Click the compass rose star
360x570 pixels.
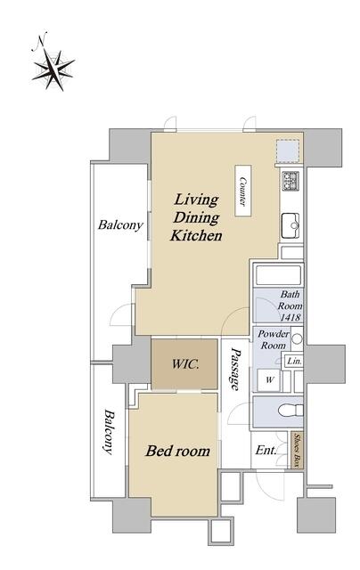53,69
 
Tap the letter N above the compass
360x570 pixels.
40,41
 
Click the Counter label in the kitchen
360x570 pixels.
243,191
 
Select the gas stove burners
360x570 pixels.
290,181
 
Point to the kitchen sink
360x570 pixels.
290,226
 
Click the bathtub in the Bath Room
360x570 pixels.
279,275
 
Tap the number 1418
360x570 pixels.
290,317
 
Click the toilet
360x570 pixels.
290,411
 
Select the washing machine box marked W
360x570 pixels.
269,380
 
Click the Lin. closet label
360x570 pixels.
294,362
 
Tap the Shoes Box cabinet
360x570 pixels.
297,450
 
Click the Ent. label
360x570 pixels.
266,451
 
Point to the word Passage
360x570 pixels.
235,369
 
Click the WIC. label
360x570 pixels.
185,364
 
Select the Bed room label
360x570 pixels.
178,452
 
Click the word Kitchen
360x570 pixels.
196,235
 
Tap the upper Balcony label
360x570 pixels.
120,225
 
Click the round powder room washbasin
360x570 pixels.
297,338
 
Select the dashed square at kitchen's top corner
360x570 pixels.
288,151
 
